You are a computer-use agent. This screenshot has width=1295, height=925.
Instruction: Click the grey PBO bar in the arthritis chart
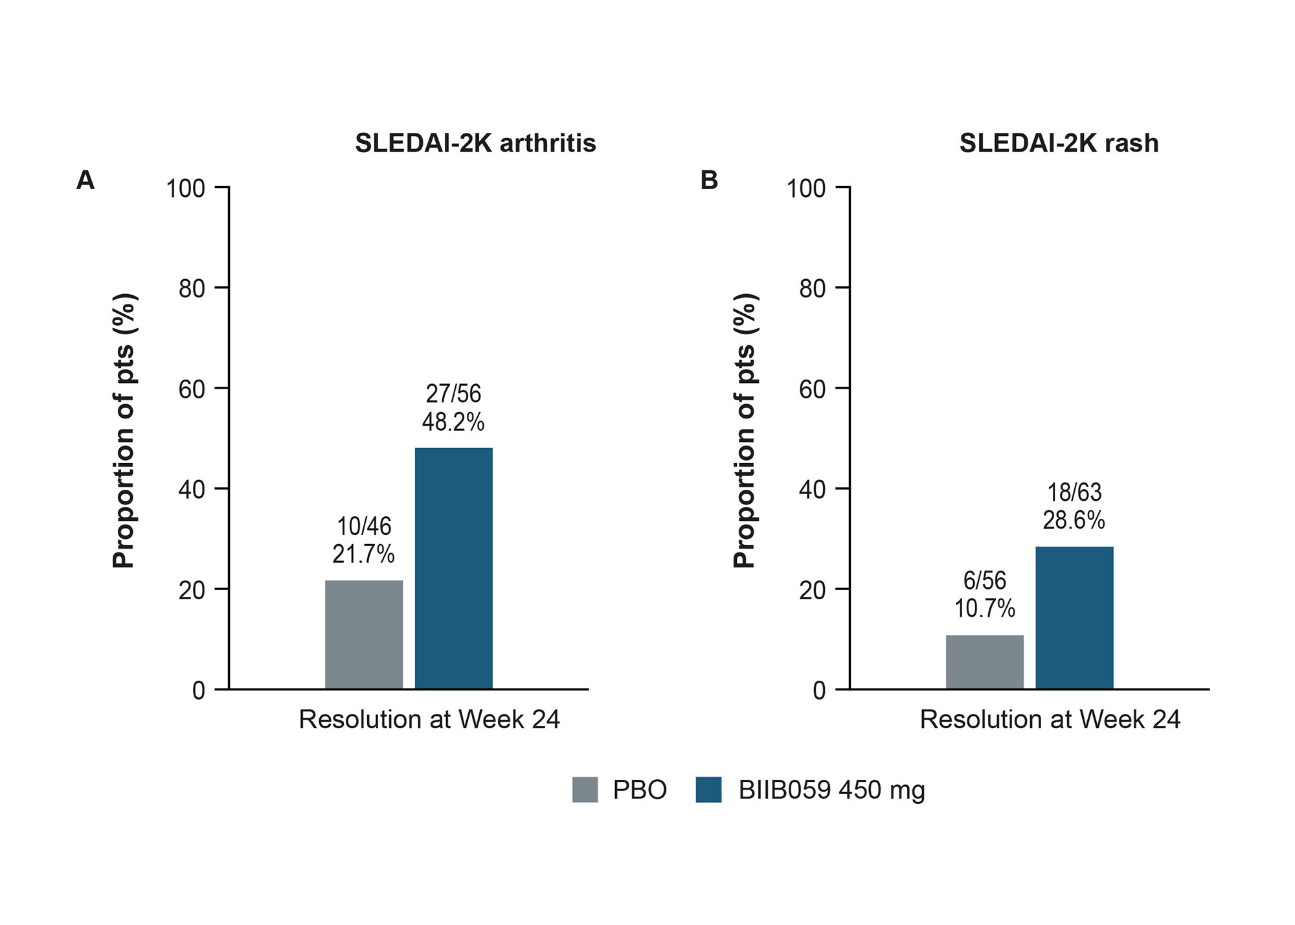pos(364,634)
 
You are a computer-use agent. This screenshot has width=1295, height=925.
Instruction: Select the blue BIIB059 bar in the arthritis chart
pos(453,568)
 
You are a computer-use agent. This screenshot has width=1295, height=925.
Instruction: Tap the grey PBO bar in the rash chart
pos(984,661)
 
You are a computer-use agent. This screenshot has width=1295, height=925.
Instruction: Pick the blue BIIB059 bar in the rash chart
pos(1074,617)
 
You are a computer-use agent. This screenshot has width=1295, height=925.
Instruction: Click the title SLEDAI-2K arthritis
pos(475,143)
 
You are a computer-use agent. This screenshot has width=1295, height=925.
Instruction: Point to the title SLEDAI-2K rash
pos(1059,143)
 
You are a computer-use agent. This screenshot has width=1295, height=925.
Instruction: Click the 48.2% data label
pos(453,422)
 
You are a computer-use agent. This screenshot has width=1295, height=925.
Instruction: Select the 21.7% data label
pos(363,554)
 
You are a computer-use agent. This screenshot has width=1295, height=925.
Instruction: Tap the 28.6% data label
pos(1074,521)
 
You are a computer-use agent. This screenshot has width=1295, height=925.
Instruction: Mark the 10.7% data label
pos(984,609)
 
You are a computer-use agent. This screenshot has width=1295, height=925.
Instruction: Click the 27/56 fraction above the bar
pos(453,394)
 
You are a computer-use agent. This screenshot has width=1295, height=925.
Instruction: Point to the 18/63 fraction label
pos(1074,493)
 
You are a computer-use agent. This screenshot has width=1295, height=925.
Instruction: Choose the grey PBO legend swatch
pos(585,790)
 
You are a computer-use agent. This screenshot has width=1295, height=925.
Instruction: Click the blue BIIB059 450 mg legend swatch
pos(708,790)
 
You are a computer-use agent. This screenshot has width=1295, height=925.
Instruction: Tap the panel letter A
pos(85,180)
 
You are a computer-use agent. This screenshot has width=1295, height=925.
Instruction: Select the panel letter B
pos(709,180)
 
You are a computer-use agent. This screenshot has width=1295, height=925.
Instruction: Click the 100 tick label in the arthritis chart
pos(185,188)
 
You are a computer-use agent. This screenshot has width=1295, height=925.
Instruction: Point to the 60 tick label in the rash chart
pos(812,389)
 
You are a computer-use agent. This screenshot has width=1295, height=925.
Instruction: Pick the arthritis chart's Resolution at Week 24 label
pos(429,720)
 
